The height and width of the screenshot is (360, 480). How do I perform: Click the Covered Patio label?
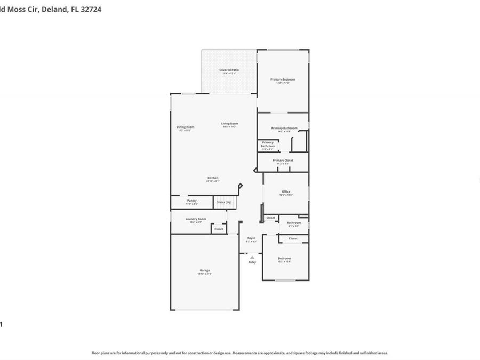[229, 70]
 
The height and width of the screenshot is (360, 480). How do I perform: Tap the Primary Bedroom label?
[283, 79]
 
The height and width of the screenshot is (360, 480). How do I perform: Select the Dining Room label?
[185, 127]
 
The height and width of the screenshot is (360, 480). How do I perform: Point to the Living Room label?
[230, 124]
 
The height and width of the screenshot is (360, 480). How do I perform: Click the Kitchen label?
[213, 178]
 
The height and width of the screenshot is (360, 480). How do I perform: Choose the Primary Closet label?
[283, 160]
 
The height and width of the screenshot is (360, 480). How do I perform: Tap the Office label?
[286, 191]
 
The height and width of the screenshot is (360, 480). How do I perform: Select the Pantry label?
[191, 201]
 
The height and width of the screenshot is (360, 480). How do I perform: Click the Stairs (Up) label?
[224, 202]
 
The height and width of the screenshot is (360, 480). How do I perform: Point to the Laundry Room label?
[196, 219]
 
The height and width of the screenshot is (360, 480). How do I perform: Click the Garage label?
[205, 270]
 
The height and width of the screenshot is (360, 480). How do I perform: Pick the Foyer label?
[251, 238]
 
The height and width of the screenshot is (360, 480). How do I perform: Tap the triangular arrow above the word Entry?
[252, 257]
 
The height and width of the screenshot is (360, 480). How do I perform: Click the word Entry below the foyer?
[252, 262]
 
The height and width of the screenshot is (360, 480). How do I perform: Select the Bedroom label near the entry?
[284, 259]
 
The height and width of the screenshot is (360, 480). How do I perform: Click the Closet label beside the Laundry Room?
[219, 229]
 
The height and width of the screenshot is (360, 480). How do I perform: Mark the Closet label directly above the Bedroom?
[293, 238]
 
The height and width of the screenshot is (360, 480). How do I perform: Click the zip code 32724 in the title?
[91, 9]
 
